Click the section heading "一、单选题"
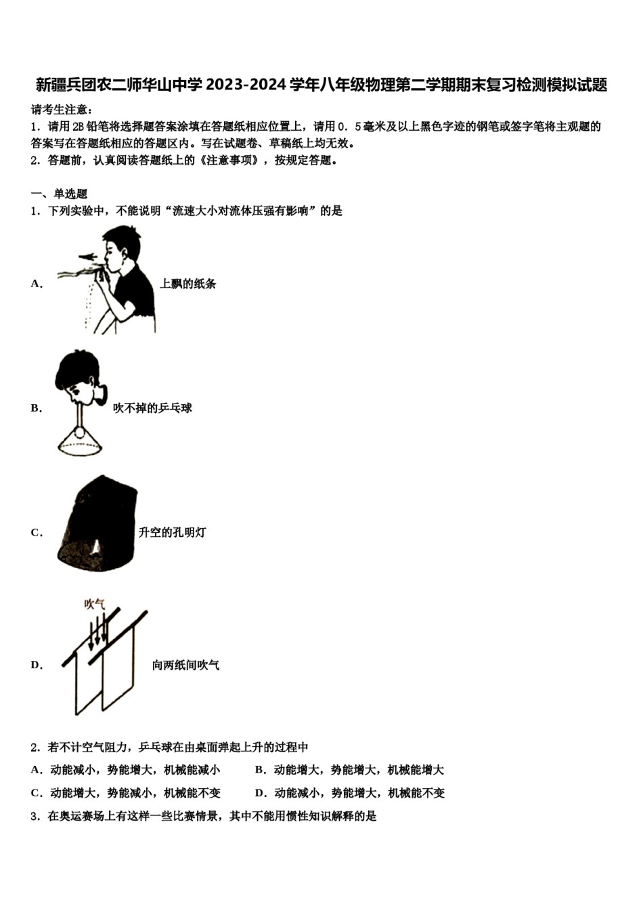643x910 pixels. coord(60,194)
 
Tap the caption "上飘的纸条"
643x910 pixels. coord(188,284)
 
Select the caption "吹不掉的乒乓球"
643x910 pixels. coord(152,408)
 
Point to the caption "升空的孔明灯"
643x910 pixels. coord(172,533)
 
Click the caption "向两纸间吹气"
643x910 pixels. coord(185,666)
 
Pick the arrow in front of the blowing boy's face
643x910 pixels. coord(87,257)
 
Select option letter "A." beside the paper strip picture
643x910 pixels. coord(37,284)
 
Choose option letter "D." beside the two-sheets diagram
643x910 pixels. coord(37,666)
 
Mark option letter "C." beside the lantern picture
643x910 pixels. coord(37,533)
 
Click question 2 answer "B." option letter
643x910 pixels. coord(261,770)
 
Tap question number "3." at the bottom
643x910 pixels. coord(35,817)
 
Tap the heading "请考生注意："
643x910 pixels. coord(62,110)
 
